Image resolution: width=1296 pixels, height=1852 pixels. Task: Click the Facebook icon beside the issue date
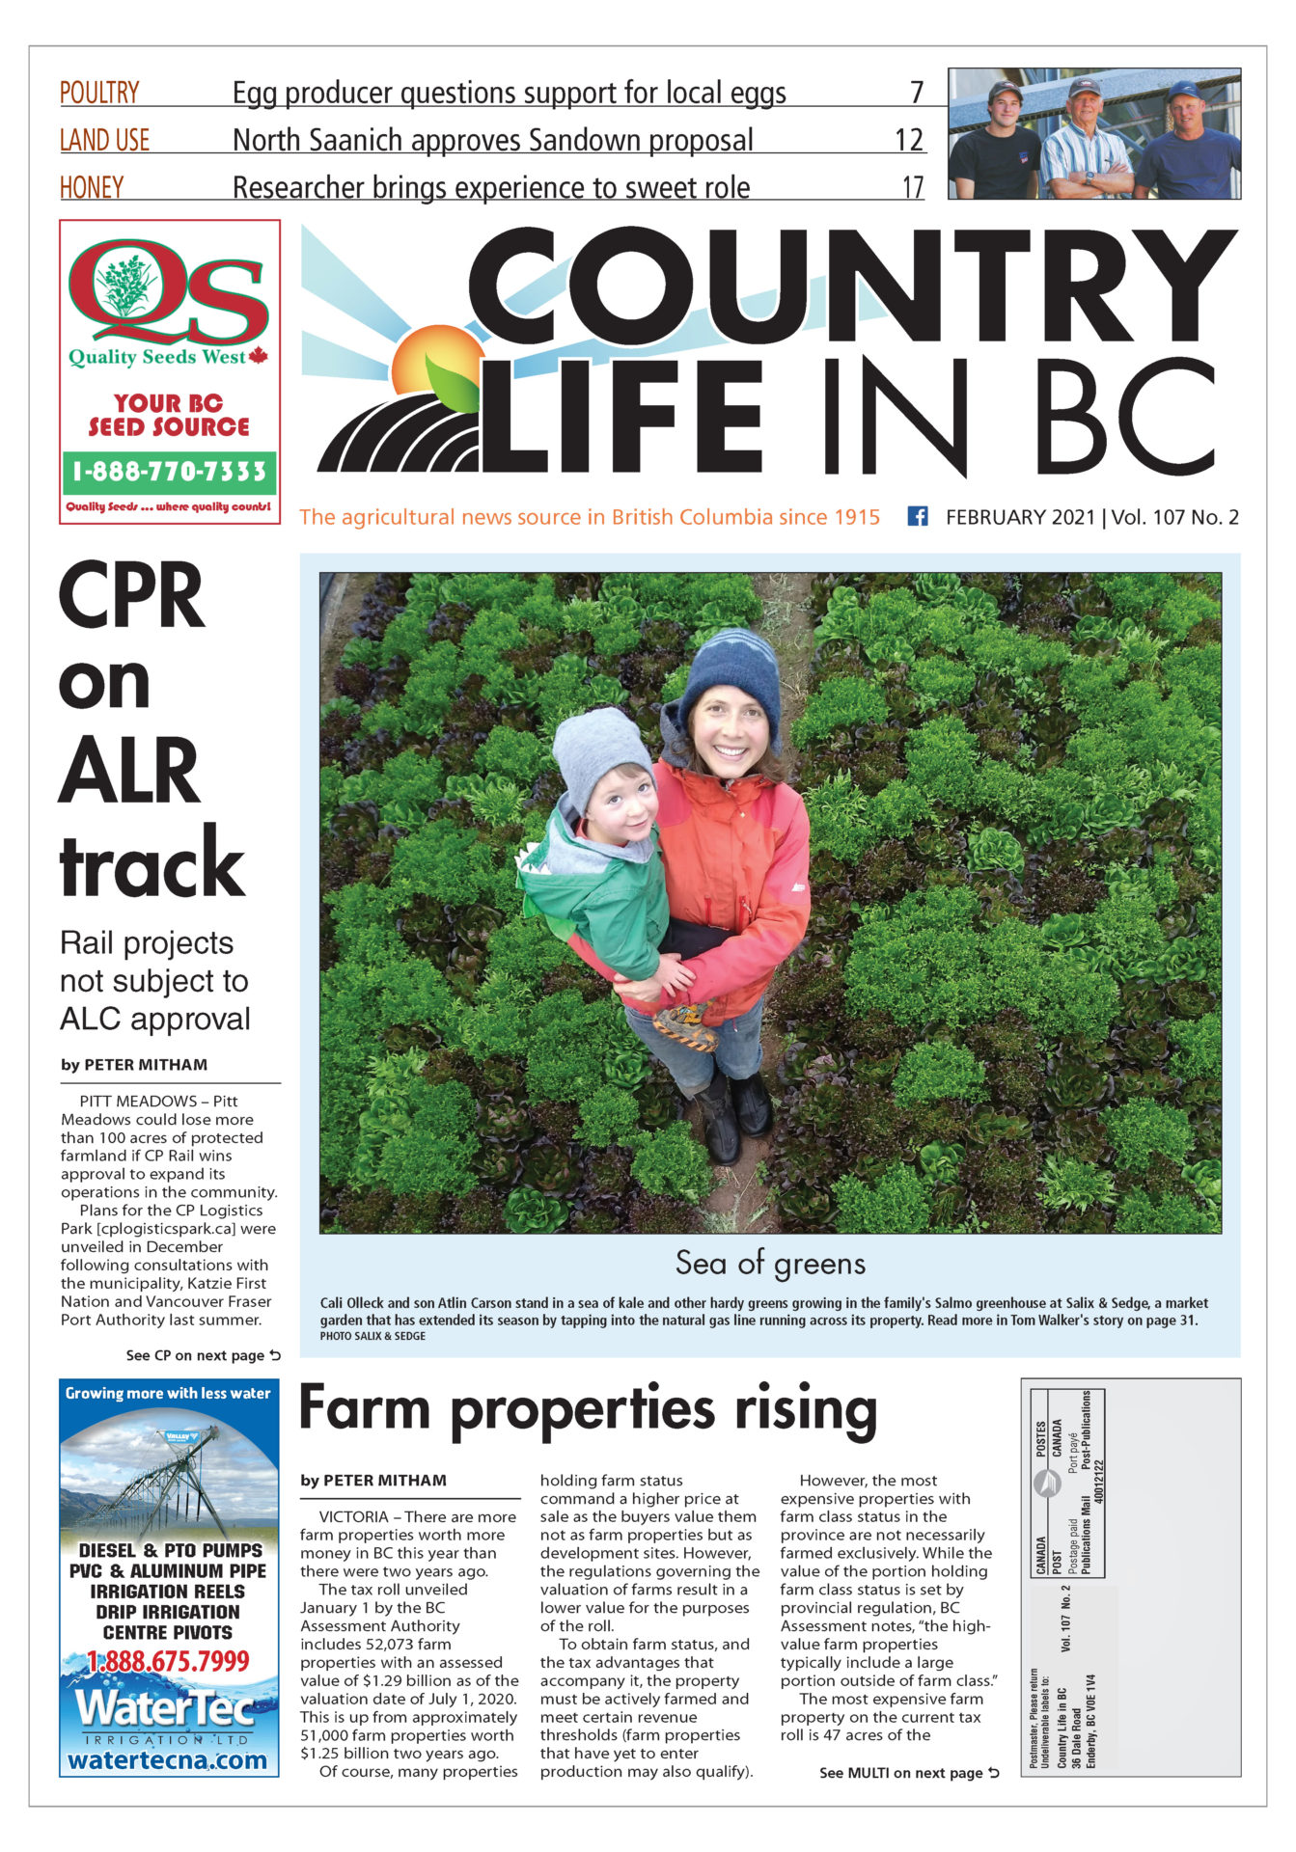coord(917,516)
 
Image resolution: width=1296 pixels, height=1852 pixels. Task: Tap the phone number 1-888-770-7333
coord(169,472)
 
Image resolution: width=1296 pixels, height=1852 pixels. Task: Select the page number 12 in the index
coord(909,140)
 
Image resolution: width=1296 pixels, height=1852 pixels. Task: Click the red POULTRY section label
coord(99,93)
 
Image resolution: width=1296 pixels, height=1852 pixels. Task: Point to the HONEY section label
coord(92,187)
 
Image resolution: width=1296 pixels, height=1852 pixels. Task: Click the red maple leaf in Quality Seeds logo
coord(258,357)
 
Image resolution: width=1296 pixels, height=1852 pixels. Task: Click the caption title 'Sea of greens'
coord(770,1263)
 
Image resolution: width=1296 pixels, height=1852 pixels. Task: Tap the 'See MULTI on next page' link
coord(908,1773)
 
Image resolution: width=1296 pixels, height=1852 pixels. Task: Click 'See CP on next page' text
coord(203,1355)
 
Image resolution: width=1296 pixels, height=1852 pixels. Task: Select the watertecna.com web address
coord(168,1759)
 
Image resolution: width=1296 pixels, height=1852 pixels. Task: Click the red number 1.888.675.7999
coord(168,1661)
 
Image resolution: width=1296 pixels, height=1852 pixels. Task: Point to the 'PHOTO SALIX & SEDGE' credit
coord(372,1336)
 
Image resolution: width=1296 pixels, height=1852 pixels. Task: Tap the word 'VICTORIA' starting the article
coord(353,1516)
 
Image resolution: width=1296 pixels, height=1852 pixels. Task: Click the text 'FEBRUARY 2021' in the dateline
coord(1020,517)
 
